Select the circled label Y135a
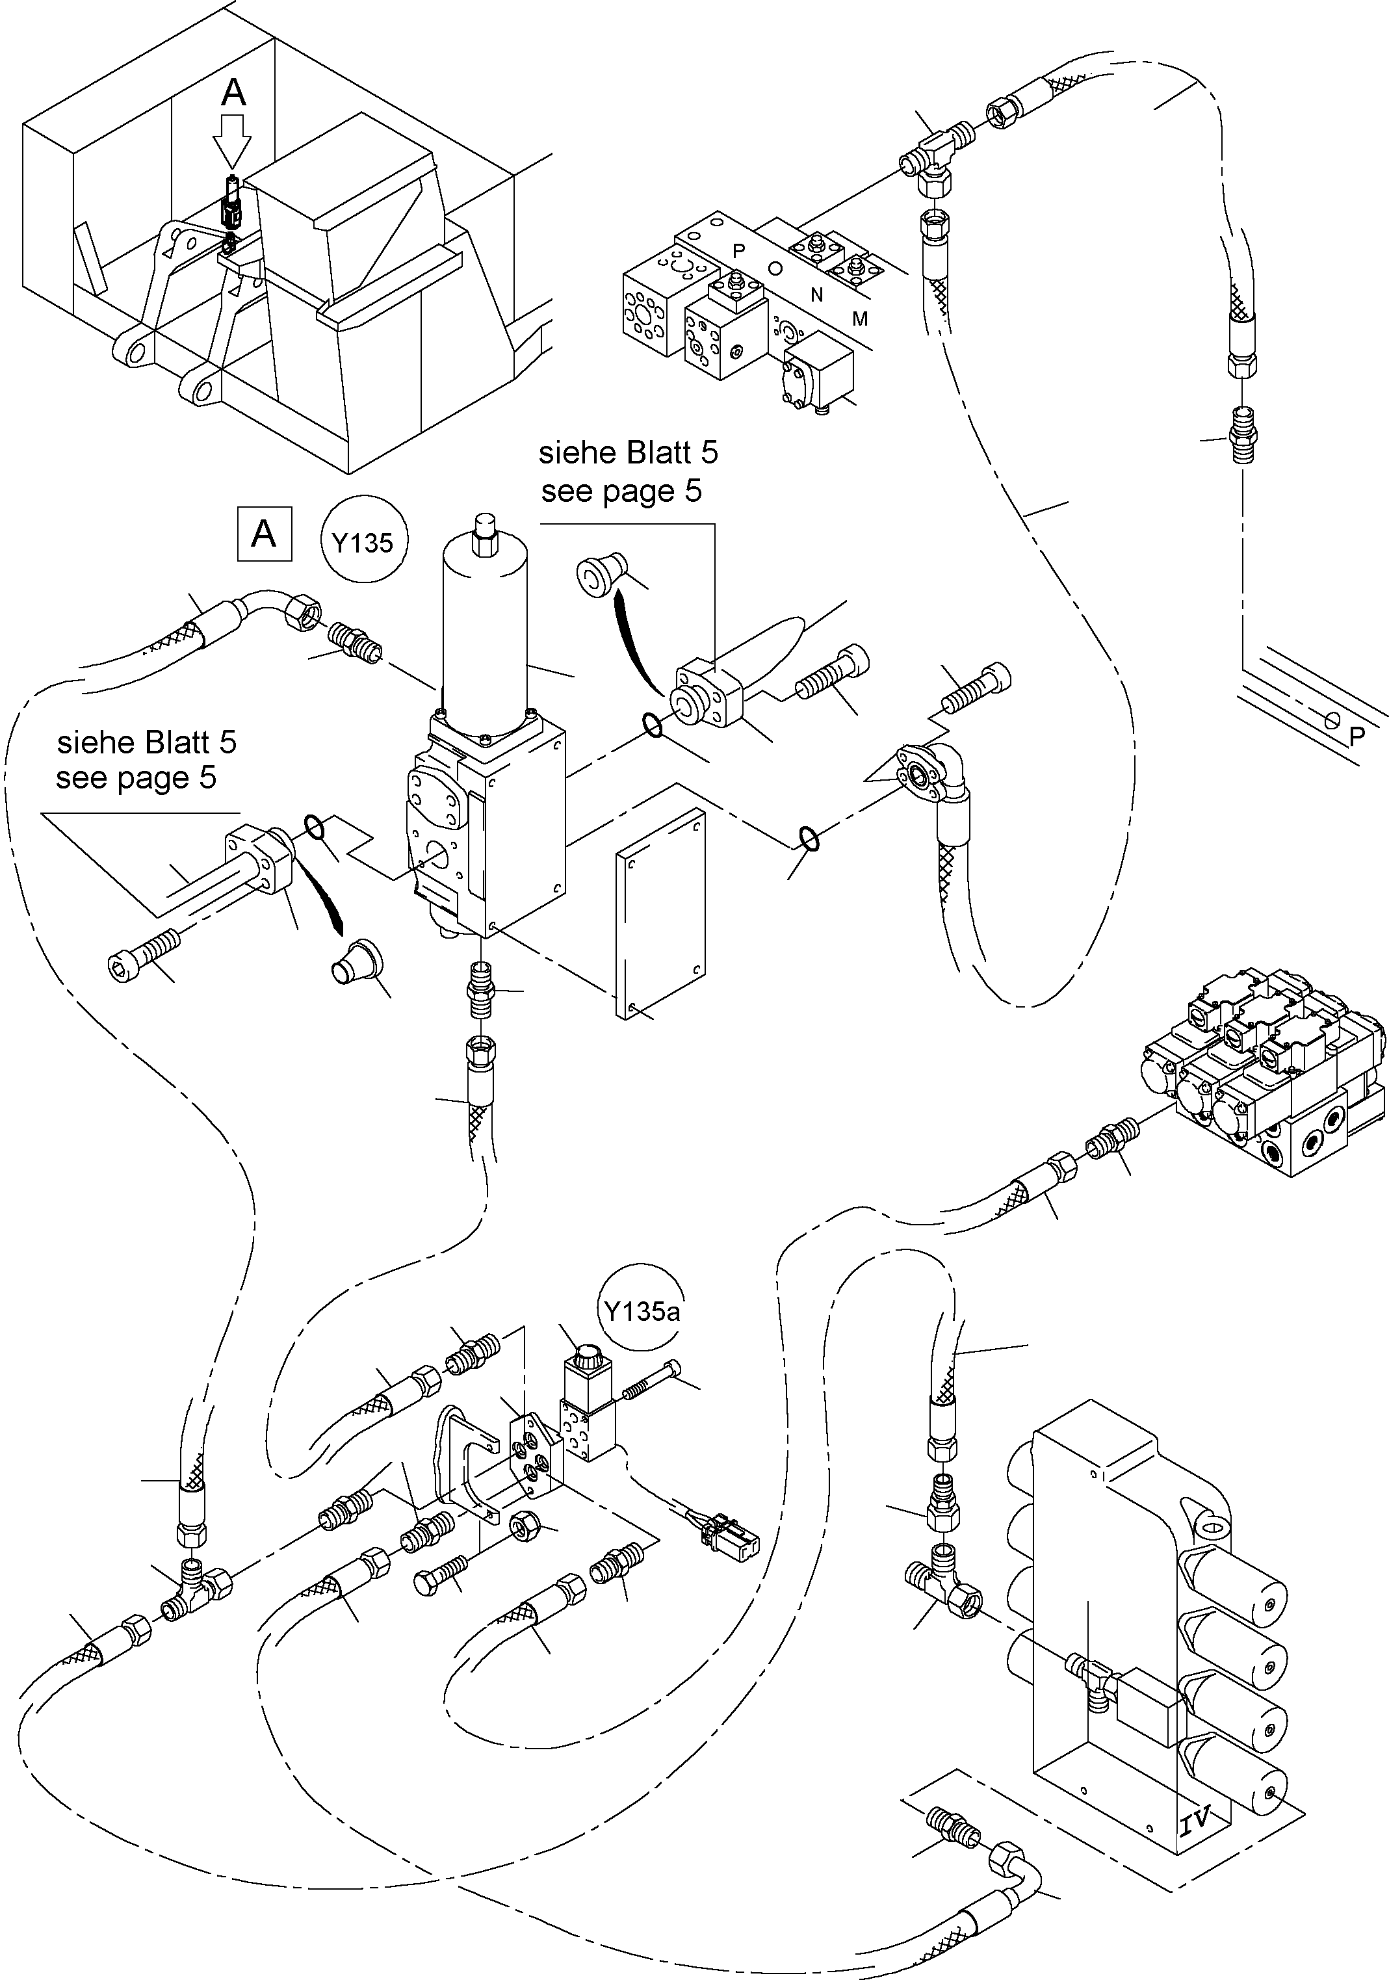click(x=642, y=1312)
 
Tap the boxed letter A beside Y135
click(x=264, y=535)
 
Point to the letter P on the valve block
click(x=738, y=251)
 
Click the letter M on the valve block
click(x=860, y=319)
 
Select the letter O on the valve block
click(x=775, y=268)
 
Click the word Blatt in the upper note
click(x=653, y=452)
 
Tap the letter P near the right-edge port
click(x=1357, y=736)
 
